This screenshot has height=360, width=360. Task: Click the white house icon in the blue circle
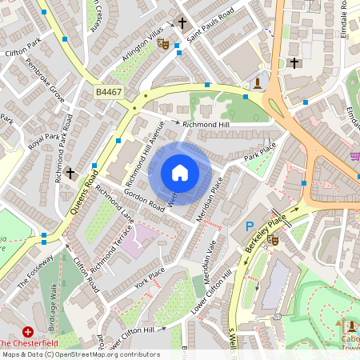[180, 173]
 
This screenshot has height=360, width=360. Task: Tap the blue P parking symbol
[249, 228]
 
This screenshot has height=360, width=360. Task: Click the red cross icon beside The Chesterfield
[29, 331]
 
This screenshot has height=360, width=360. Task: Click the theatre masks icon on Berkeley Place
[274, 238]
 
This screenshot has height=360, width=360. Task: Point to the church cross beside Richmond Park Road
[70, 172]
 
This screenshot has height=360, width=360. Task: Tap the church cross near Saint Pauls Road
[182, 23]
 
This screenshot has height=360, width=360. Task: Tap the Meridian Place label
[210, 196]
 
